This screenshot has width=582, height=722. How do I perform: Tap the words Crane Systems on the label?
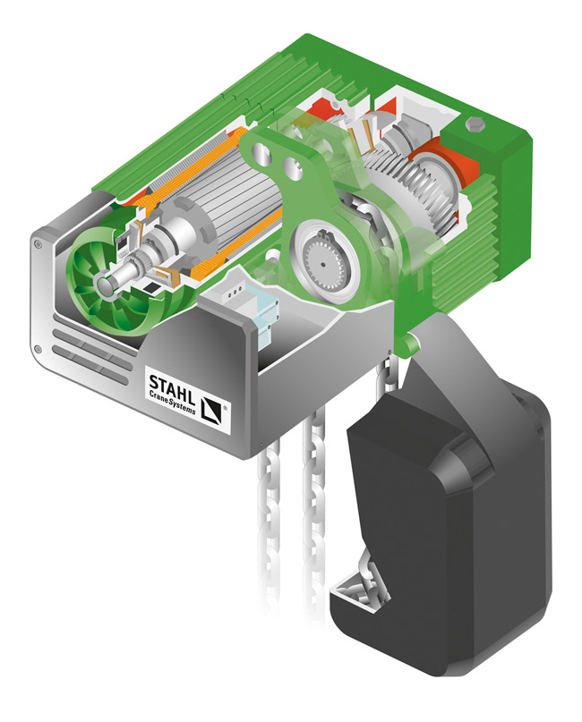[x=172, y=402]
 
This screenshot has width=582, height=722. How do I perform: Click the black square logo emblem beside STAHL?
[x=211, y=410]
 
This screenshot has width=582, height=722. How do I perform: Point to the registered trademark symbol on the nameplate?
[x=225, y=407]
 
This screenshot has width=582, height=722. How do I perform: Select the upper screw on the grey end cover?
[x=38, y=244]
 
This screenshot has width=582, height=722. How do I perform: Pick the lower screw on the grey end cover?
[x=39, y=350]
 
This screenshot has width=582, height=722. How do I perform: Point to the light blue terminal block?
[x=263, y=314]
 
